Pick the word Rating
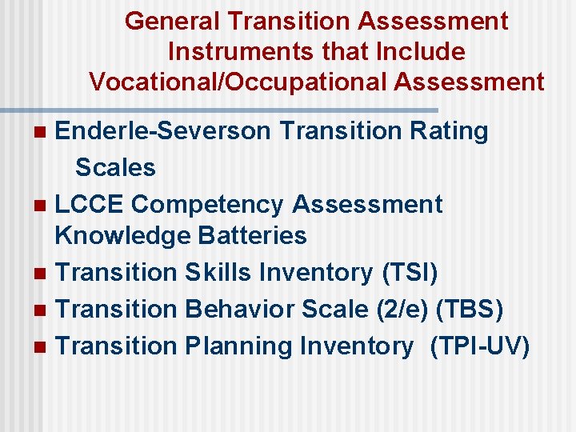448,131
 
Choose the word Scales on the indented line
115,168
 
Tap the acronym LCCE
89,205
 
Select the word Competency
207,205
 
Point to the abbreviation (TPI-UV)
480,346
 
